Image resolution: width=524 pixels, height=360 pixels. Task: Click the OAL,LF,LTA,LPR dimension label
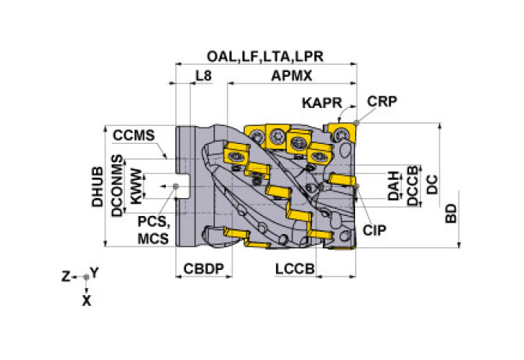coord(265,56)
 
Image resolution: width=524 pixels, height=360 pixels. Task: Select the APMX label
coord(293,77)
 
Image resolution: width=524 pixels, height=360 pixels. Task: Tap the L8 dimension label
coord(203,77)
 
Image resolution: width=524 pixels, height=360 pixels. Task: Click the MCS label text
coord(152,237)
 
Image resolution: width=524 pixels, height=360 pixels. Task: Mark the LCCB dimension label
coord(295,268)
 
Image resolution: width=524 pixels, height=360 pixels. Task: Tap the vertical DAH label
coord(395,185)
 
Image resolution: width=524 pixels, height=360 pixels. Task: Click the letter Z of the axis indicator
coord(67,275)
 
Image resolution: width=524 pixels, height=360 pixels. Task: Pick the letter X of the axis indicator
coord(86,299)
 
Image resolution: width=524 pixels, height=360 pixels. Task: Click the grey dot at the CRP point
coord(357,121)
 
